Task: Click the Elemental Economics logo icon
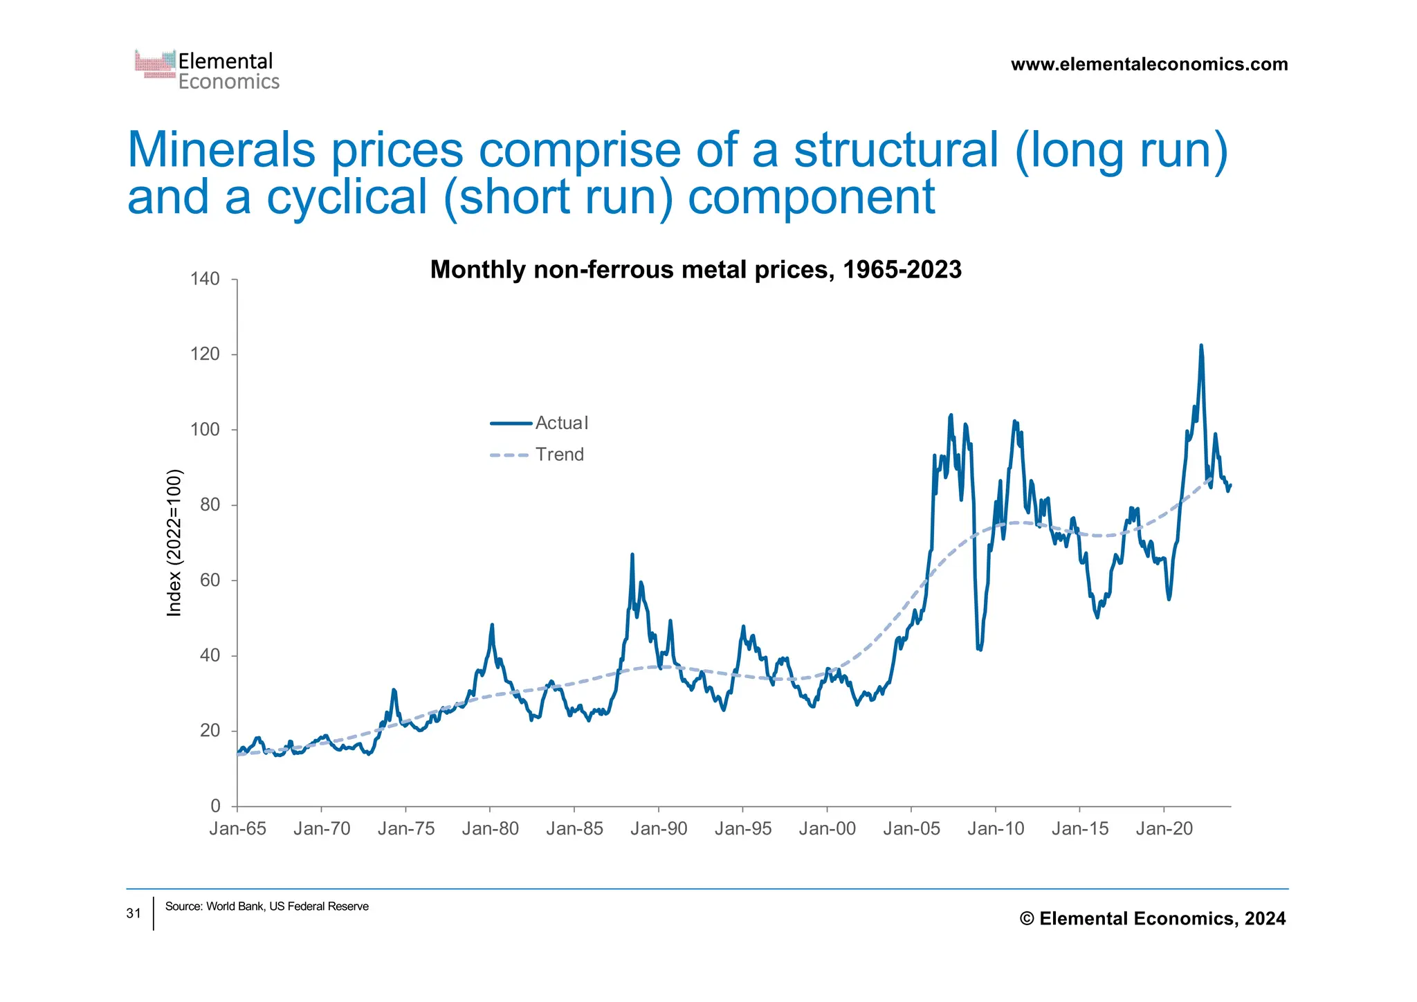[x=155, y=64]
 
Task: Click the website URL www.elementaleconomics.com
[x=1149, y=64]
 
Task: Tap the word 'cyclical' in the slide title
[x=347, y=197]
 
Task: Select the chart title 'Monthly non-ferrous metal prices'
[x=695, y=269]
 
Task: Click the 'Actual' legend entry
[x=561, y=423]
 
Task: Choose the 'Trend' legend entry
[x=559, y=455]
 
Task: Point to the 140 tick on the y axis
[x=205, y=279]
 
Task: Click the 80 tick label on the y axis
[x=210, y=504]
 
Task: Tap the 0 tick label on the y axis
[x=215, y=805]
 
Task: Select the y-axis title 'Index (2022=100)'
[x=174, y=543]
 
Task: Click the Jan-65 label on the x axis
[x=237, y=828]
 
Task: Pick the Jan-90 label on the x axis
[x=659, y=828]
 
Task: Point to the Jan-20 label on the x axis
[x=1164, y=828]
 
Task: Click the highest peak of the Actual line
[x=1200, y=345]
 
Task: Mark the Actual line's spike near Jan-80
[x=492, y=625]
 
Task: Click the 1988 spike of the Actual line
[x=632, y=554]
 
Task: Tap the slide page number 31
[x=134, y=913]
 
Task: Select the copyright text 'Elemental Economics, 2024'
[x=1162, y=918]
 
